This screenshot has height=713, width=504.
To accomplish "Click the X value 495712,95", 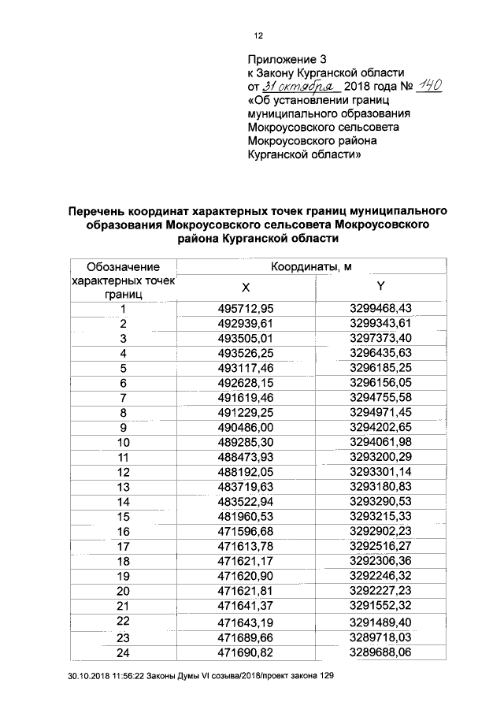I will point(249,309).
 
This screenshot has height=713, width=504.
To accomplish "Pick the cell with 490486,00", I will point(249,427).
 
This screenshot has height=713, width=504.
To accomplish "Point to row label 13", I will point(123,487).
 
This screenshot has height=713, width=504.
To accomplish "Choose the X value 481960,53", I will point(249,516).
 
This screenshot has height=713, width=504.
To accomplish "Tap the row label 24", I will point(123,653).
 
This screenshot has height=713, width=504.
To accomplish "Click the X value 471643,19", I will point(249,623).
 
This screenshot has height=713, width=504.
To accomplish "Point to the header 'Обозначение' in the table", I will point(123,268).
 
